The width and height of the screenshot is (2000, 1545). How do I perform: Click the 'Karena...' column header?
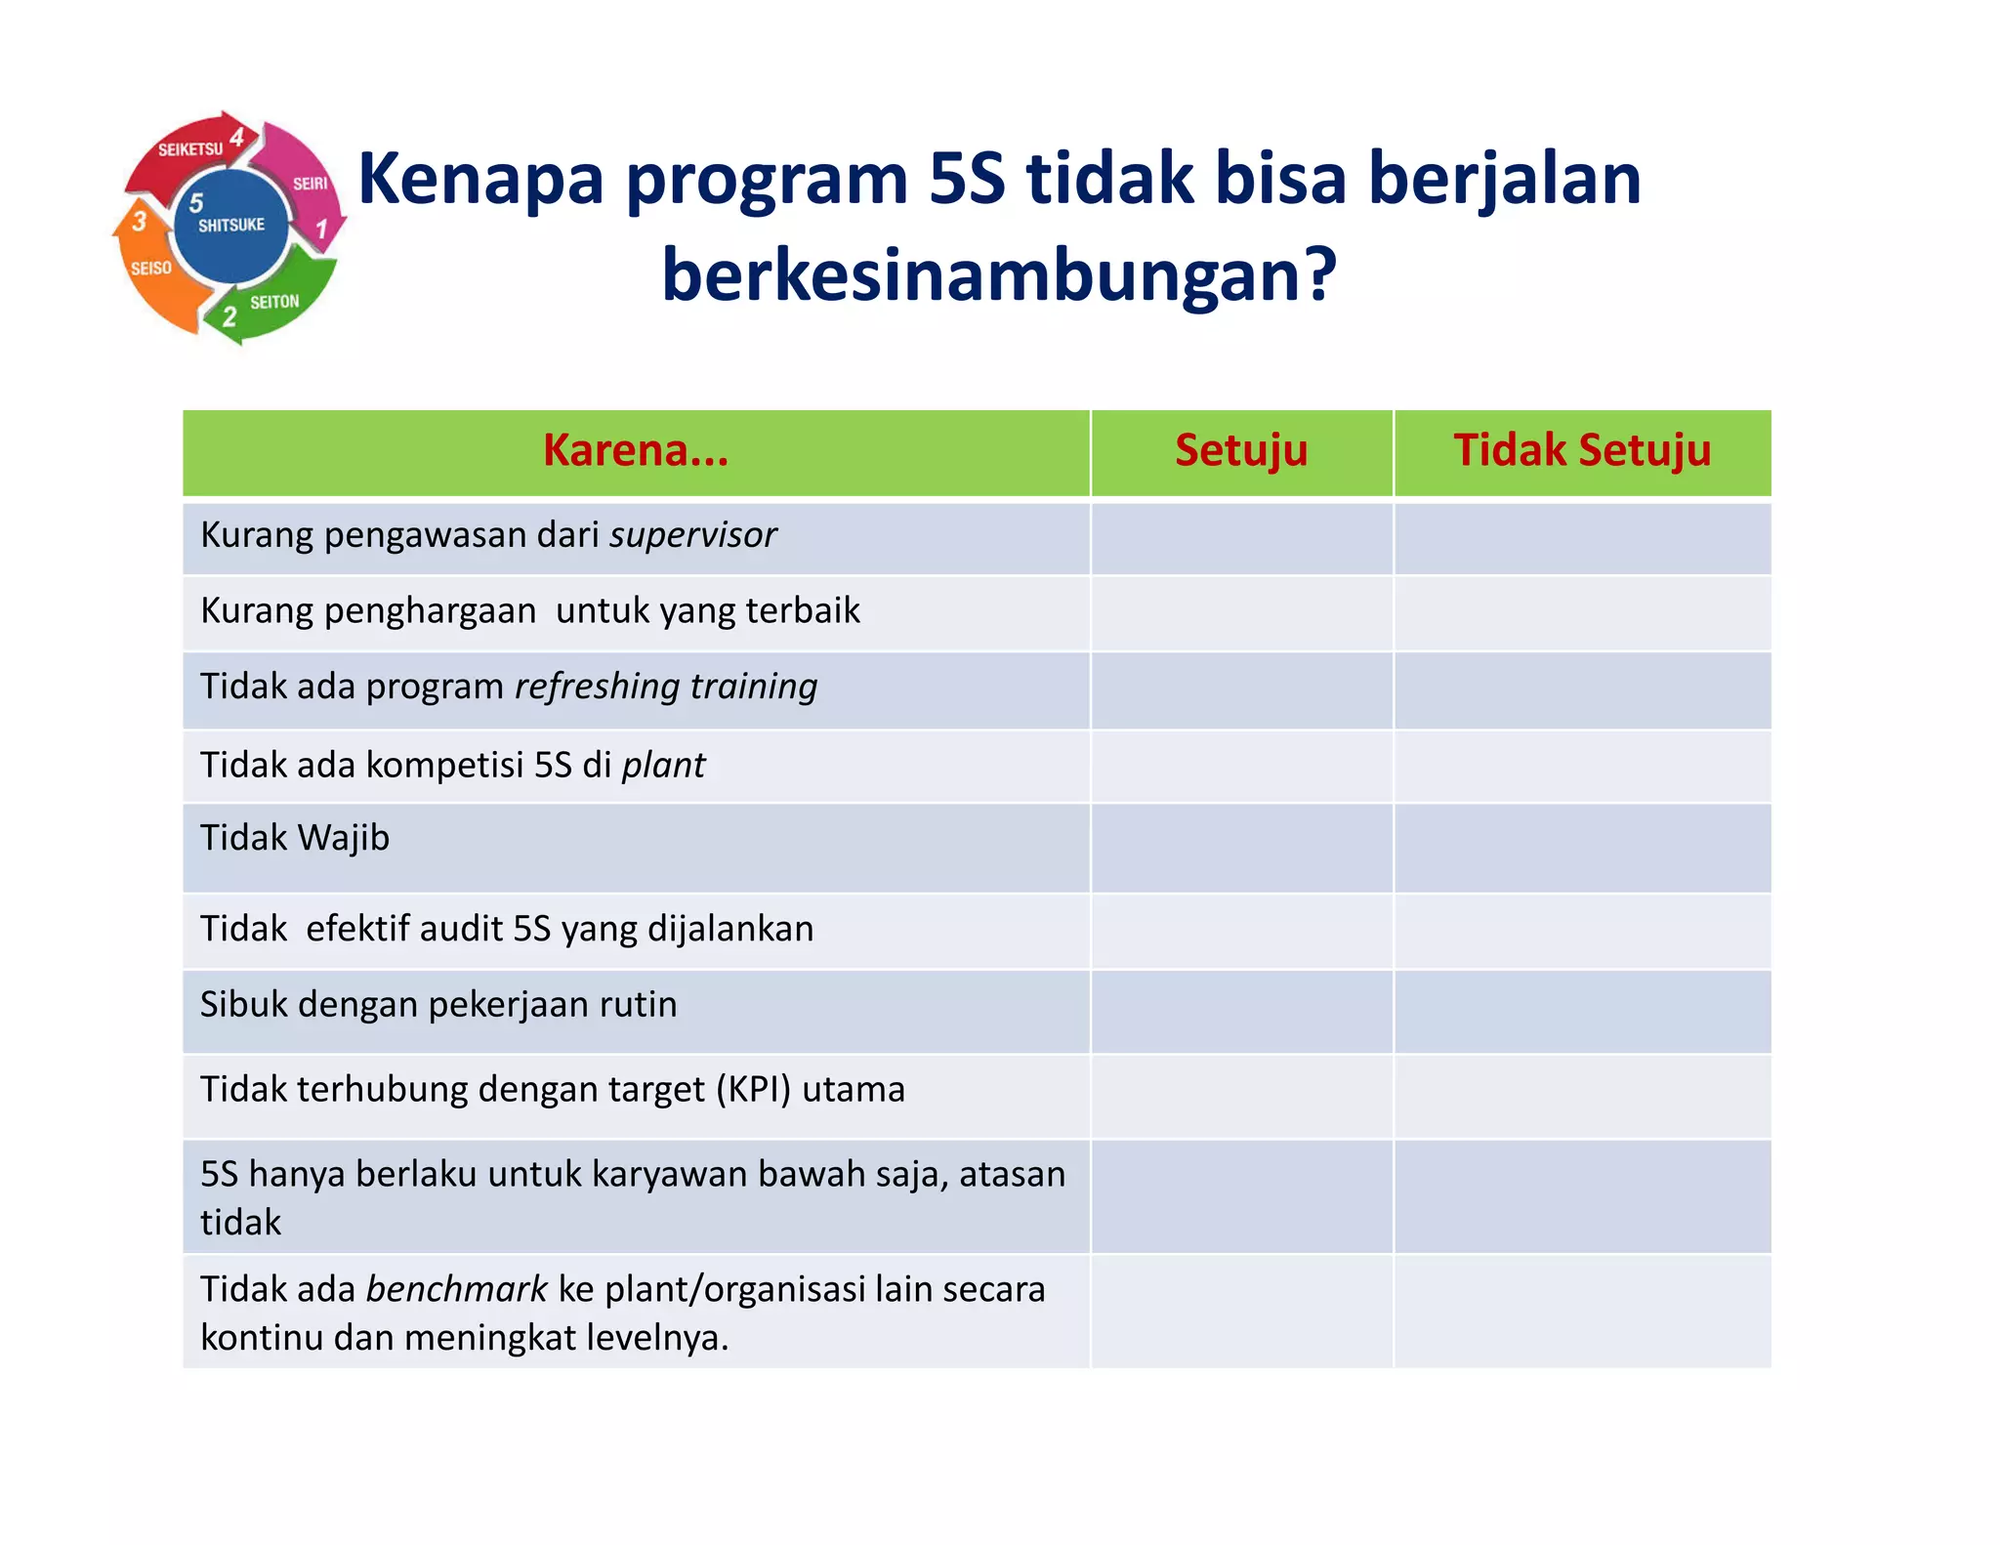pos(636,451)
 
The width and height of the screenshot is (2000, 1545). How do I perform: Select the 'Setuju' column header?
pos(1240,451)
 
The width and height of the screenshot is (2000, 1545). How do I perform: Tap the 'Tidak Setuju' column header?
pos(1581,451)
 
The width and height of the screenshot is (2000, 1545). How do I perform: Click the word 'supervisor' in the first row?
pos(692,535)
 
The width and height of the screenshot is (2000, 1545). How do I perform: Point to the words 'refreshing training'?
pos(666,687)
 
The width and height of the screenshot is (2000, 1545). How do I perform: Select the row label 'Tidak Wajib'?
pos(295,838)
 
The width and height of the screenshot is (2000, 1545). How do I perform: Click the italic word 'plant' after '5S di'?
pos(663,765)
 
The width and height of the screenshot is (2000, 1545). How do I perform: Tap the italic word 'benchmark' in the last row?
pos(456,1289)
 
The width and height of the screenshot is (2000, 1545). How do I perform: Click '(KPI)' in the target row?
pos(753,1089)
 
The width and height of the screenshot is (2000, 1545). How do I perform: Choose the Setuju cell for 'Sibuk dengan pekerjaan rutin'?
pos(1240,1011)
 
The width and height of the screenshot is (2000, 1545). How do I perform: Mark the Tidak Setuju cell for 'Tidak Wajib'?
pos(1581,847)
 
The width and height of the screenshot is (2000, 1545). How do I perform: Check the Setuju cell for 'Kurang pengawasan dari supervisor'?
pos(1240,538)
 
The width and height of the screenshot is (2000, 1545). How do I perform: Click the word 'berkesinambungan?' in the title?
pos(998,275)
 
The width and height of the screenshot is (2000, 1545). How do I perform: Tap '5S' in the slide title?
pos(966,179)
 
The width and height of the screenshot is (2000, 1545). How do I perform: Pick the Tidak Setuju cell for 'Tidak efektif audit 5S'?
pos(1581,931)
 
